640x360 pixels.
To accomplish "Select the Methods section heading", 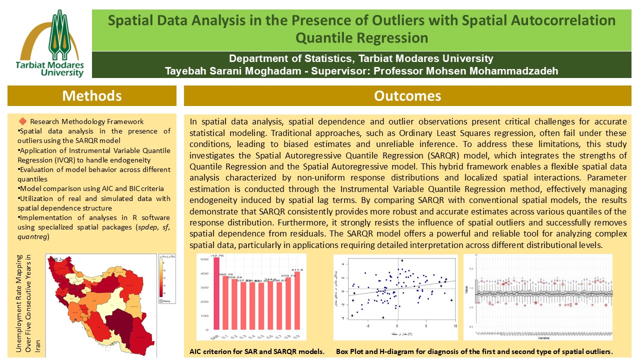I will tap(91, 95).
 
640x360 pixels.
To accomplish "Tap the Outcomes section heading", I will tap(407, 95).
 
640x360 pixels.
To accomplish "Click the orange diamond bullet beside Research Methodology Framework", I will tap(22, 121).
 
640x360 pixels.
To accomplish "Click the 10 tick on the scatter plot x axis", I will tap(454, 326).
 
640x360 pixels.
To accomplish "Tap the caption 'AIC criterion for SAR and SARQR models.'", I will tap(257, 351).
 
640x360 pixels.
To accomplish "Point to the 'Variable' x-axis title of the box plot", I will tap(543, 338).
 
